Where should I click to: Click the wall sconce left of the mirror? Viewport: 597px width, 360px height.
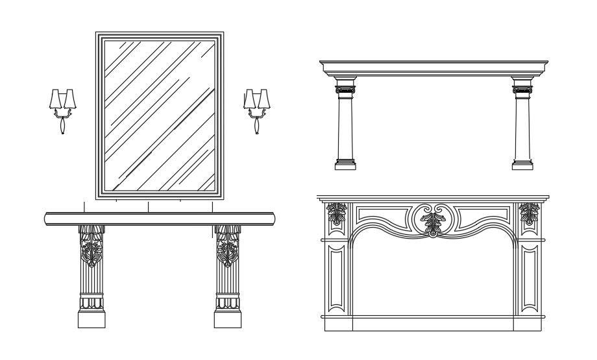tap(62, 107)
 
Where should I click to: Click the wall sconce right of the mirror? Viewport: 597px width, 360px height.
tap(256, 107)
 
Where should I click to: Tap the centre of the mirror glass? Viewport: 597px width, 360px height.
tap(160, 115)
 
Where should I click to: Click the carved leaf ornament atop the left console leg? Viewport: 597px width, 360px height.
tap(91, 246)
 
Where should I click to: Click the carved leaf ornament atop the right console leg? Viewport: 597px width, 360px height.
tap(227, 246)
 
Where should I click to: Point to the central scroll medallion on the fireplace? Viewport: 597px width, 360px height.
tap(433, 220)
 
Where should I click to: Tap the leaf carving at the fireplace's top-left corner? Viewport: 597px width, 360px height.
tap(337, 213)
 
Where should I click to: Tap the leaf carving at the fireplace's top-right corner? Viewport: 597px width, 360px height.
tap(530, 213)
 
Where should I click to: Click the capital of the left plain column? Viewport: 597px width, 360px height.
tap(345, 86)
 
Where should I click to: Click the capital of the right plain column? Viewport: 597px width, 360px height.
tap(522, 86)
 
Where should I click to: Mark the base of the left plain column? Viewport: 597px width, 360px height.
tap(345, 164)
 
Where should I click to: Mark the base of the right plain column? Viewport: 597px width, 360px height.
tap(522, 164)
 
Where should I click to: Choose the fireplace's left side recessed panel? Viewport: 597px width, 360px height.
tap(337, 277)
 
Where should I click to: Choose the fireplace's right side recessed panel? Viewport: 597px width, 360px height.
tap(530, 277)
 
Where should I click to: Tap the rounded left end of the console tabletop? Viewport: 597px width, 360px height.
tap(47, 219)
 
